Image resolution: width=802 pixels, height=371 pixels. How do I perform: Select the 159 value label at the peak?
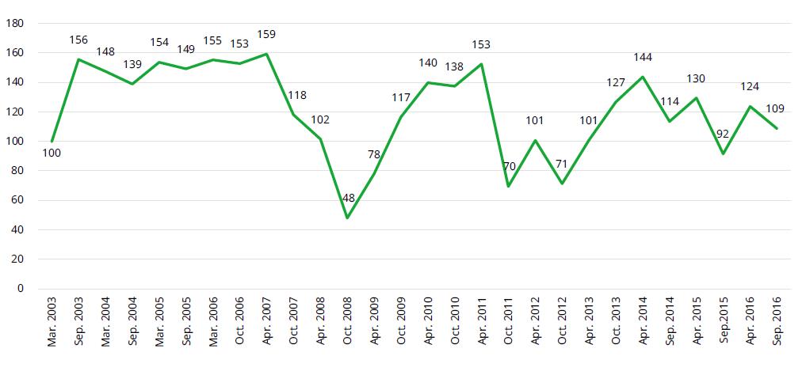pyautogui.click(x=267, y=35)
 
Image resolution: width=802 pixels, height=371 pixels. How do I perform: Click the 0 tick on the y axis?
pyautogui.click(x=20, y=289)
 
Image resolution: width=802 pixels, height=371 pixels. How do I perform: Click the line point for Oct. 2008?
pyautogui.click(x=347, y=218)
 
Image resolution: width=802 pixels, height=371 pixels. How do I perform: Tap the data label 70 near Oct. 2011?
pyautogui.click(x=510, y=168)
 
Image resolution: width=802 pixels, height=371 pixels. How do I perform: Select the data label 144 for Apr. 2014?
pyautogui.click(x=644, y=58)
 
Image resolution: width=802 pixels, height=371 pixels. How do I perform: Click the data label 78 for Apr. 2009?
pyautogui.click(x=374, y=155)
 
